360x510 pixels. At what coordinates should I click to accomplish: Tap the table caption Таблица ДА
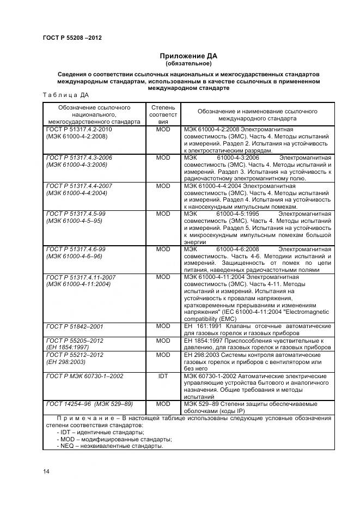[62, 95]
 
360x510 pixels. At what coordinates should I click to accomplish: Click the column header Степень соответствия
[163, 115]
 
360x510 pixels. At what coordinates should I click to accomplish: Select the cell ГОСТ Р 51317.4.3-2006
[79, 157]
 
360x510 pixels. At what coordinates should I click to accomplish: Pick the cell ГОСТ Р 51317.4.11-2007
[81, 277]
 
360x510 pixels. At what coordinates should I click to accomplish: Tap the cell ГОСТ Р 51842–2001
[75, 326]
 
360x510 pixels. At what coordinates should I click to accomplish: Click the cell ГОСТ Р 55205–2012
[75, 341]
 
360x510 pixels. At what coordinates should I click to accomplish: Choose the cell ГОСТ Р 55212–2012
[75, 355]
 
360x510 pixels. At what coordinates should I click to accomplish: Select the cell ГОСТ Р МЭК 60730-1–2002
[84, 376]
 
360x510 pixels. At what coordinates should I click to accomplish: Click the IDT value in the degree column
[163, 376]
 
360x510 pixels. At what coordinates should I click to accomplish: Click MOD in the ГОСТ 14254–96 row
[163, 404]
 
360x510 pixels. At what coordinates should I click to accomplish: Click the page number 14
[46, 471]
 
